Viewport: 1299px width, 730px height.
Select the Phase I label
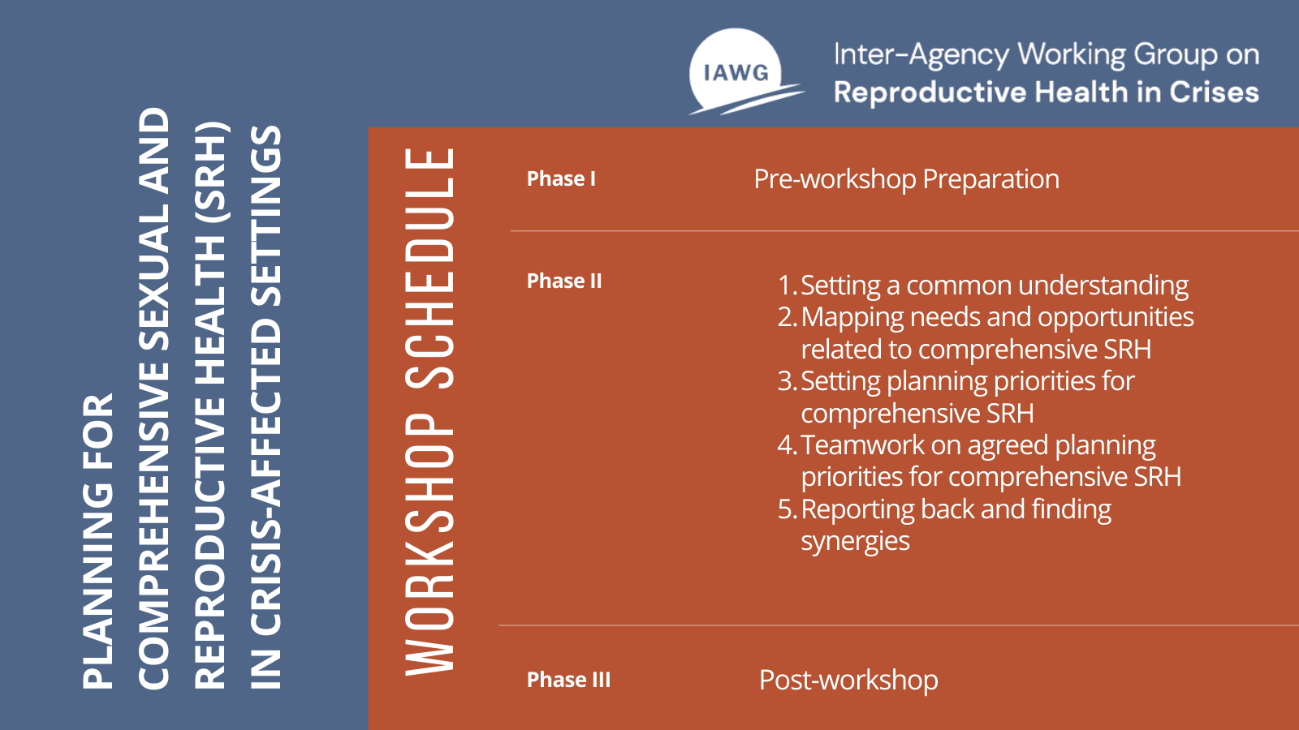click(x=561, y=179)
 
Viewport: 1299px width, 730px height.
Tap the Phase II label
click(x=564, y=281)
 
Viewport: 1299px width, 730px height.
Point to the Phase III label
click(x=568, y=680)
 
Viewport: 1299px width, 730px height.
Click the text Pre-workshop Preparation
click(x=906, y=179)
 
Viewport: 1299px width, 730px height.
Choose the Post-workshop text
click(x=848, y=680)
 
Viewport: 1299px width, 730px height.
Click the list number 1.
click(x=785, y=286)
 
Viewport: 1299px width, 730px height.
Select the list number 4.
click(x=785, y=445)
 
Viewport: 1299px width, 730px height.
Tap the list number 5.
click(x=785, y=509)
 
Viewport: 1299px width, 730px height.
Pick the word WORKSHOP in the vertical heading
click(x=430, y=543)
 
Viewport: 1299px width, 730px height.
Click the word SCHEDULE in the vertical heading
click(x=430, y=268)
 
